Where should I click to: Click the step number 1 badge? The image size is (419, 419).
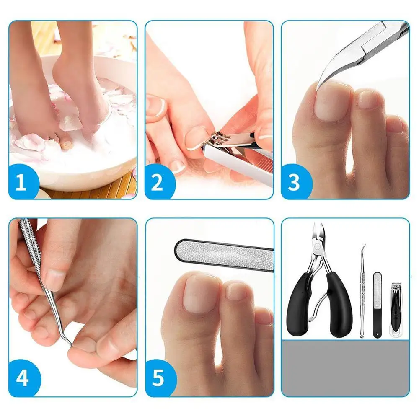(21, 182)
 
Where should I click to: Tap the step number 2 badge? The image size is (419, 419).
(158, 182)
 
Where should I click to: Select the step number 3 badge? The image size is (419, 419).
(294, 182)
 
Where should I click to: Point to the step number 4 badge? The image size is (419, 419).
(23, 378)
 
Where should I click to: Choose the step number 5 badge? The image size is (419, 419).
(159, 378)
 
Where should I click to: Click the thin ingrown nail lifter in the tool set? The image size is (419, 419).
(362, 291)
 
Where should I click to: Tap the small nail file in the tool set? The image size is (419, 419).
(378, 305)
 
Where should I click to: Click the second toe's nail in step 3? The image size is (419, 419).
(368, 99)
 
